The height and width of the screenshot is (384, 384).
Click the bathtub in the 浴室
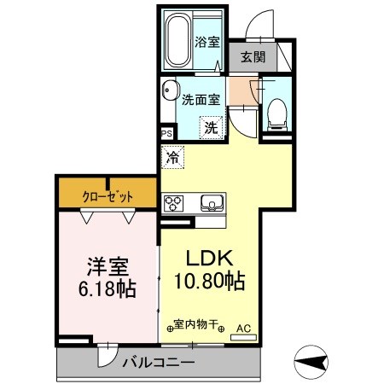click(x=177, y=42)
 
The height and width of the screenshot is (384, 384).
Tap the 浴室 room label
click(x=207, y=42)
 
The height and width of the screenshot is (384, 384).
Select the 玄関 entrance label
click(x=251, y=57)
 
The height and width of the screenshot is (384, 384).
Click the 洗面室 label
click(x=201, y=98)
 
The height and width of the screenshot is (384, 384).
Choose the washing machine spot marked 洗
click(x=210, y=128)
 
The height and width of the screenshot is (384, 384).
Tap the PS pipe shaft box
click(x=167, y=132)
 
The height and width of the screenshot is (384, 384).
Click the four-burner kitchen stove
click(x=174, y=203)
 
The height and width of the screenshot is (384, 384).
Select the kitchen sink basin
click(x=211, y=203)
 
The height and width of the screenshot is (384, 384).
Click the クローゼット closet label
click(x=108, y=195)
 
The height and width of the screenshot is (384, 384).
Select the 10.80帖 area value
click(x=210, y=282)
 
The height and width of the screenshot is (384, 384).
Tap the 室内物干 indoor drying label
click(x=196, y=325)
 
